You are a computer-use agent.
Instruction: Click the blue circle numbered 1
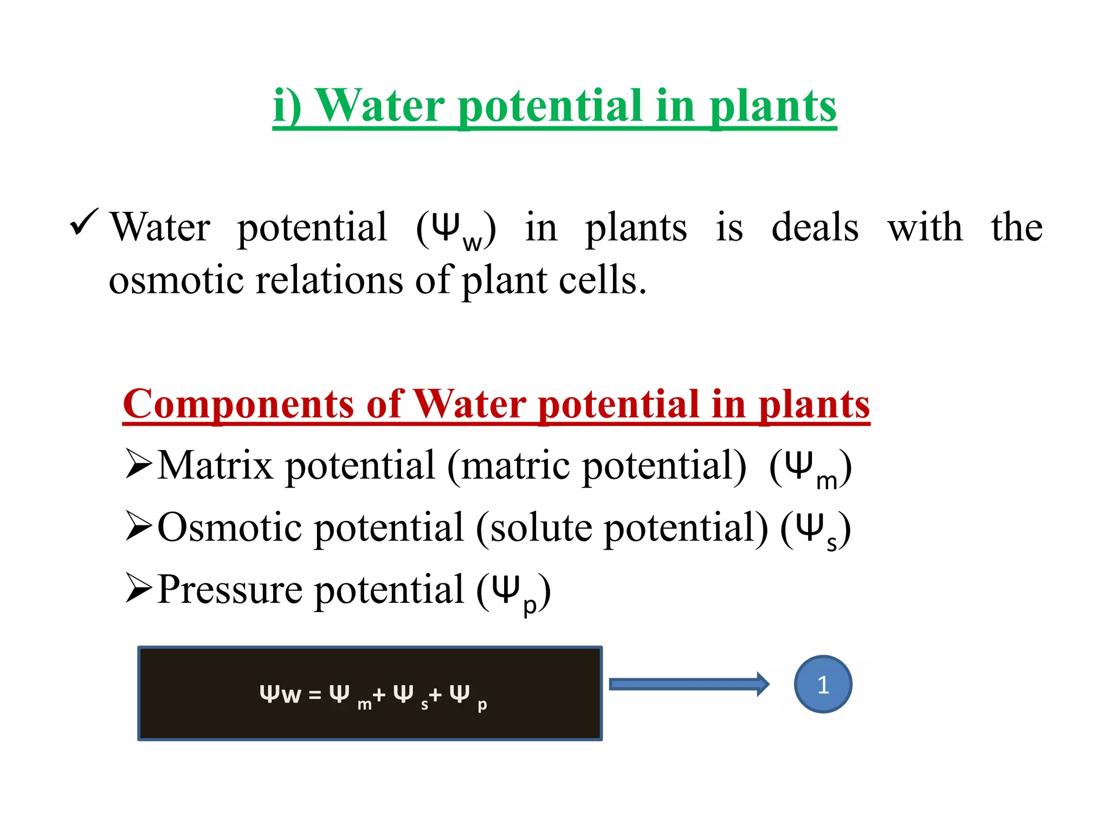[823, 684]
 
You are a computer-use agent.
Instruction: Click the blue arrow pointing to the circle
[688, 684]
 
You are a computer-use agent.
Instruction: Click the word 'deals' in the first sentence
[815, 227]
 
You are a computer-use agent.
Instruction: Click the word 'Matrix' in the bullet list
[215, 466]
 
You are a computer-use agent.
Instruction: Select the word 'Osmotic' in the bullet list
[229, 528]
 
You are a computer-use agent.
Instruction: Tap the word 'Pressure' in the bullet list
[230, 589]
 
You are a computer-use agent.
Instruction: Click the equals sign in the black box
[315, 695]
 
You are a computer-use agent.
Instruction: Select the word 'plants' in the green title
[773, 106]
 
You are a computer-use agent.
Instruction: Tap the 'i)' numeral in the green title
[287, 106]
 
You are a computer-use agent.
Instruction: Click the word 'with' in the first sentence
[925, 227]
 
